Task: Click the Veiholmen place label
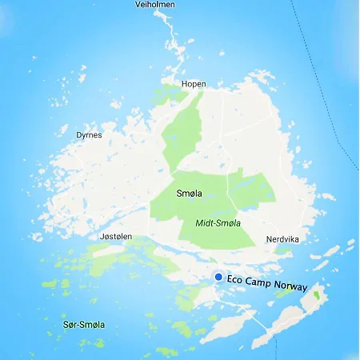[x=155, y=5]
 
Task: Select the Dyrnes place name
[x=89, y=135]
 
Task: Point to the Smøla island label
[x=190, y=194]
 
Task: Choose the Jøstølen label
[x=117, y=237]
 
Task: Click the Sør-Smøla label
[x=83, y=325]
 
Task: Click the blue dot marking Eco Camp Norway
[x=218, y=276]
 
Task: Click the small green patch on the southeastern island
[x=316, y=295]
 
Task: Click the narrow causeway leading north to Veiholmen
[x=170, y=40]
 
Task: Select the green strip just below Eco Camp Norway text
[x=284, y=293]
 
